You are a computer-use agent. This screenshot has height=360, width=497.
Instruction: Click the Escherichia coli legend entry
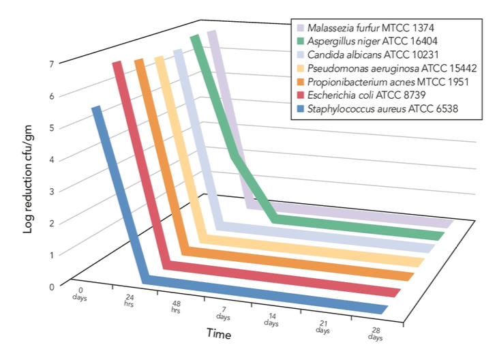point(366,95)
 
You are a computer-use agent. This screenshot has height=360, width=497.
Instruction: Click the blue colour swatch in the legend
point(299,108)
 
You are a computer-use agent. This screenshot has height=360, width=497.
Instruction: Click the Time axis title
point(219,334)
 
